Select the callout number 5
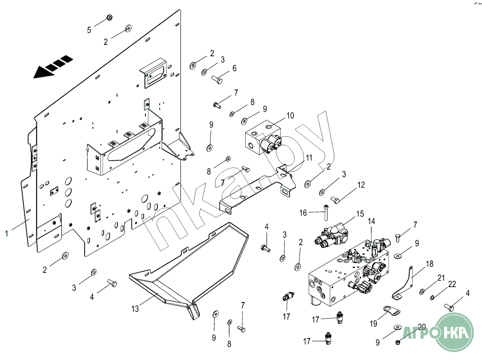(x=89, y=30)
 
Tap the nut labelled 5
(x=109, y=18)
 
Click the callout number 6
(x=234, y=68)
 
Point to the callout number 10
(x=290, y=115)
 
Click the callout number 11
(x=309, y=158)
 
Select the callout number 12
(x=361, y=185)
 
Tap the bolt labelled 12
(x=335, y=199)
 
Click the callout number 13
(x=135, y=308)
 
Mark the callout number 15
(x=360, y=214)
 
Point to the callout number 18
(x=429, y=264)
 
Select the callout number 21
(x=441, y=278)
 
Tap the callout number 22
(x=452, y=284)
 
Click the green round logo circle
(x=454, y=332)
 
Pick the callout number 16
(x=303, y=213)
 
